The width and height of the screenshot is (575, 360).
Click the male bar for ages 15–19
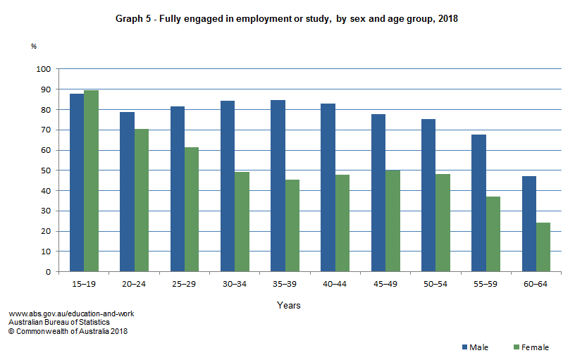click(76, 182)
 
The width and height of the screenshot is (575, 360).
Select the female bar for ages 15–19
click(91, 181)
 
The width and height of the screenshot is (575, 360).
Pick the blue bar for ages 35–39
click(278, 186)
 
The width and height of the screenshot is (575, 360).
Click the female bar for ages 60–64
click(543, 247)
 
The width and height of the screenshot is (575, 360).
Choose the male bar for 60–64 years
click(528, 224)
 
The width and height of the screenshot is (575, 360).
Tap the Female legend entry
click(531, 347)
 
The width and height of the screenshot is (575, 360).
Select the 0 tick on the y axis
click(48, 272)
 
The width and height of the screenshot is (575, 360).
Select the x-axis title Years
click(289, 306)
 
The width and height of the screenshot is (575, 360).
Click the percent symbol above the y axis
click(33, 46)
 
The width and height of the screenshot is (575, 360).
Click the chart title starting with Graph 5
click(287, 19)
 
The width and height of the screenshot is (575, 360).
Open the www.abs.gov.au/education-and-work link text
click(71, 314)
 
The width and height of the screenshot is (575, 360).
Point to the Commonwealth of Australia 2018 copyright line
click(68, 331)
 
